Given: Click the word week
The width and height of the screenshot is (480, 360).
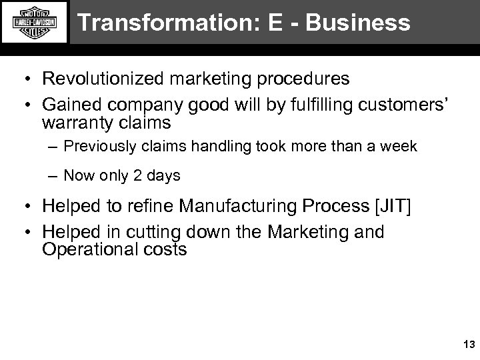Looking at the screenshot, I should (400, 146).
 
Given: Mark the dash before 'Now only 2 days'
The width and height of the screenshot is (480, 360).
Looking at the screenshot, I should (53, 176).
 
